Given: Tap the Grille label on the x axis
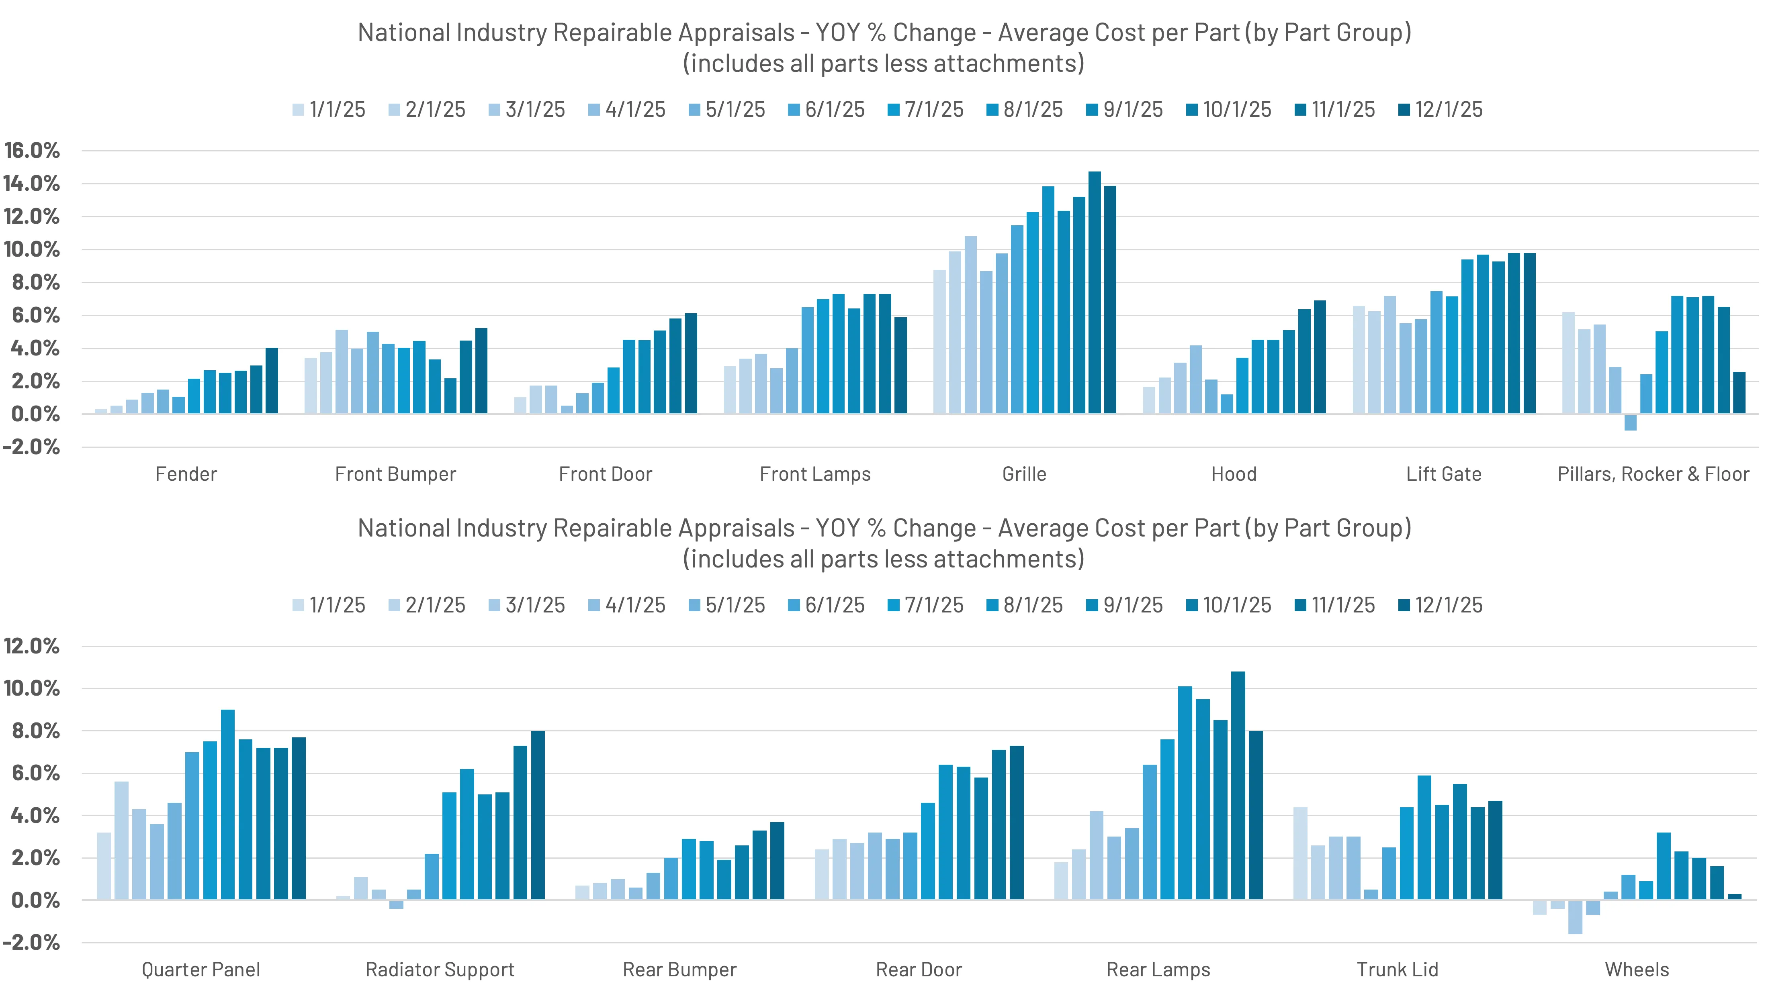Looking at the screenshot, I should point(1024,474).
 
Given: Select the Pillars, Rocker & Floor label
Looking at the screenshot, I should point(1653,474).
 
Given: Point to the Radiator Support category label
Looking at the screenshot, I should point(440,970).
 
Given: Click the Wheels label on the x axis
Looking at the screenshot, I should point(1637,970).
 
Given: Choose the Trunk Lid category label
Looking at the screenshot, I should point(1398,970).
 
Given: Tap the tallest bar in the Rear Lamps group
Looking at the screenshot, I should point(1238,786).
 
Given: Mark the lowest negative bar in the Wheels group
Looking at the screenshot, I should point(1575,917).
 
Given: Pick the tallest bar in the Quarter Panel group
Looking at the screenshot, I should point(228,805).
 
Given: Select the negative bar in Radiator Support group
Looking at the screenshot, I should point(396,904).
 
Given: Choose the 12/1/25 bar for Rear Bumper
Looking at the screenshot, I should point(777,861).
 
